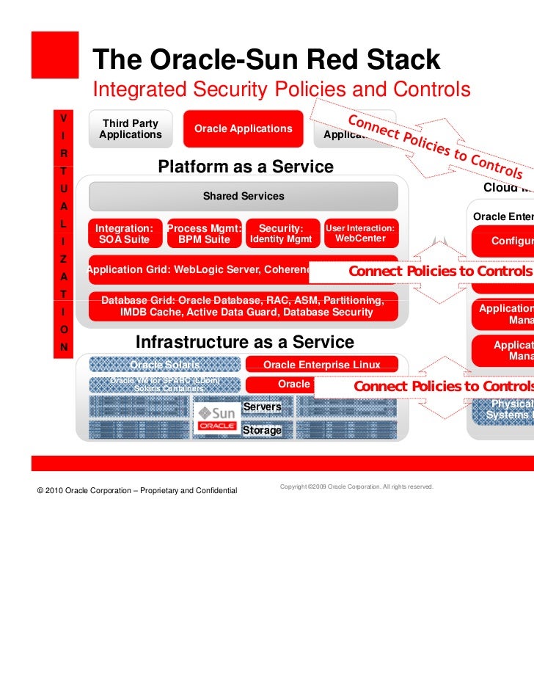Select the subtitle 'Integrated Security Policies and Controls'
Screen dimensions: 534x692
pos(280,90)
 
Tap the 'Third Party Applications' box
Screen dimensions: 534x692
pos(131,129)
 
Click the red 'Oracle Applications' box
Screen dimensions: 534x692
pos(243,129)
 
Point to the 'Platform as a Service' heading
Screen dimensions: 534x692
pos(245,167)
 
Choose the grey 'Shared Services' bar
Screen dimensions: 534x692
pos(243,197)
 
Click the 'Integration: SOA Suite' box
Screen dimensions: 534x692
pos(125,234)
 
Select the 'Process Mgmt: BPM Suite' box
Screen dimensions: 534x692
pos(204,234)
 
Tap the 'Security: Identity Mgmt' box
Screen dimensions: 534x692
pos(281,234)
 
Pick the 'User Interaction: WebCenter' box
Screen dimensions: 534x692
pos(360,234)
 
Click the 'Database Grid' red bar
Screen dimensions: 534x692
pos(243,307)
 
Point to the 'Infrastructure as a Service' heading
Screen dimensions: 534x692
pos(245,343)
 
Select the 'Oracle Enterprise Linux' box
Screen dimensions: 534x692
pos(321,365)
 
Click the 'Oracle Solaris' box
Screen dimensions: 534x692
pos(164,365)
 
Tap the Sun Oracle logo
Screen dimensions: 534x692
pos(217,416)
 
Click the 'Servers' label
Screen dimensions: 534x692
pos(263,407)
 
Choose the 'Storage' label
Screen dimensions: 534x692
pos(262,430)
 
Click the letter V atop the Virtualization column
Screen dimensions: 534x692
pos(65,118)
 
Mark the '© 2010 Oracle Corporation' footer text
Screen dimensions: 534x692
pos(136,490)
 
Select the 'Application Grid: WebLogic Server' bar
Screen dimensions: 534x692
pos(198,269)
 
